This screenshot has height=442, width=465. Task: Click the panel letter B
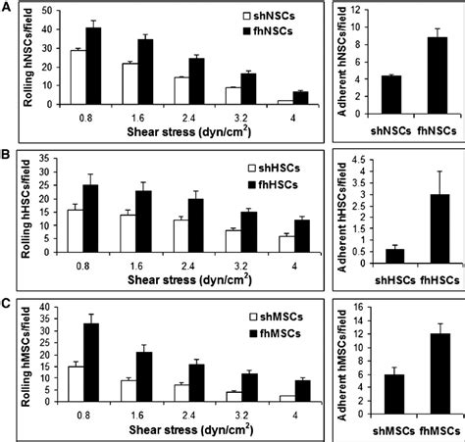(x=7, y=154)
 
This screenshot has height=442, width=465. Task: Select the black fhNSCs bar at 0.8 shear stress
(x=93, y=78)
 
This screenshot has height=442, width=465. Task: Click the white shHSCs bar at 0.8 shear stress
(x=75, y=235)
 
